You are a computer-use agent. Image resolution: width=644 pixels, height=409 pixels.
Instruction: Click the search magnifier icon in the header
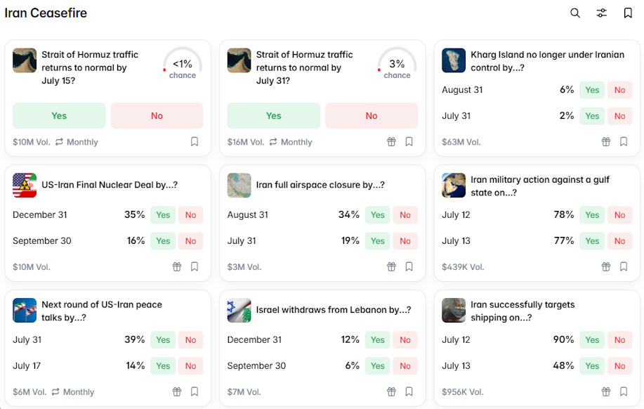[x=575, y=13]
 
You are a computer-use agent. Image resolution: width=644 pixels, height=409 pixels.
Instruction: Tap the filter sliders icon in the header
[x=601, y=13]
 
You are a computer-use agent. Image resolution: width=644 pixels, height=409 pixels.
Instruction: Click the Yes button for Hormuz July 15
[x=59, y=115]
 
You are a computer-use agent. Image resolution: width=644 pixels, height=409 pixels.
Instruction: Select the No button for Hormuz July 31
[x=372, y=115]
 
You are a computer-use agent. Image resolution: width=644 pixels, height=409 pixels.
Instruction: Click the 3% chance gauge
[x=397, y=63]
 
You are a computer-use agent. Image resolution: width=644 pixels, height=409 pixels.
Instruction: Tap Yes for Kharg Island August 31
[x=592, y=90]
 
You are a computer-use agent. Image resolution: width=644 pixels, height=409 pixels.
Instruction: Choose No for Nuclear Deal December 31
[x=190, y=215]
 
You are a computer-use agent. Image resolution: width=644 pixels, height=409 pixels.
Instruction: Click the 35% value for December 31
[x=135, y=214]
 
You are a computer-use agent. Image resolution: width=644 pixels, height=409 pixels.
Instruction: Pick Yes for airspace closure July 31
[x=377, y=241]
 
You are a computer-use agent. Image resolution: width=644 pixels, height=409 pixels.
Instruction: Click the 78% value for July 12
[x=563, y=214]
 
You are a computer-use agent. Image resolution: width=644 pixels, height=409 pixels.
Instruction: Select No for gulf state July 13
[x=619, y=241]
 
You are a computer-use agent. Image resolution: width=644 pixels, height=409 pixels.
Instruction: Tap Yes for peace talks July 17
[x=163, y=366]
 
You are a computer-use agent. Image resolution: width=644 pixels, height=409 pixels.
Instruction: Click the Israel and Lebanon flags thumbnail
[x=239, y=310]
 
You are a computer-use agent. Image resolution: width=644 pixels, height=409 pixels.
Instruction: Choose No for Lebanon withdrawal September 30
[x=405, y=366]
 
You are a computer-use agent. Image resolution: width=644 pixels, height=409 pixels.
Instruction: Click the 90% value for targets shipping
[x=563, y=339]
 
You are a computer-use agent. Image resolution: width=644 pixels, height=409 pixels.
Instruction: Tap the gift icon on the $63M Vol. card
[x=606, y=142]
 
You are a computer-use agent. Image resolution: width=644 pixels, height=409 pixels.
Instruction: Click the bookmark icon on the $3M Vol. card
[x=409, y=267]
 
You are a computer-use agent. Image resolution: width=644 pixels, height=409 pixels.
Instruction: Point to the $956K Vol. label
[x=463, y=391]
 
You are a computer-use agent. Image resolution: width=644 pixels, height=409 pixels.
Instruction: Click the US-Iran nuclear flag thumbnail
[x=25, y=185]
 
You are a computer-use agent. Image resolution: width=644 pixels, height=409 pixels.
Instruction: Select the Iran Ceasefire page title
[x=46, y=13]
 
